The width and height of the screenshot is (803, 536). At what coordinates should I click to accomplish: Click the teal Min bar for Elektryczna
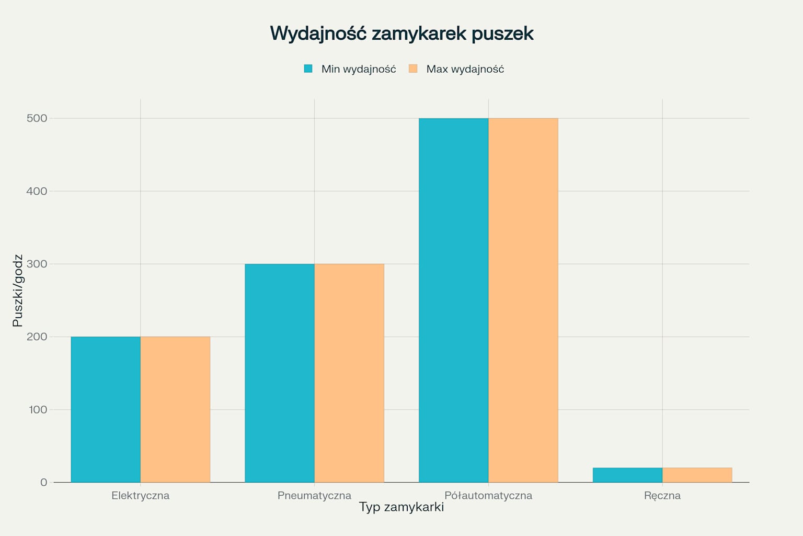(x=106, y=409)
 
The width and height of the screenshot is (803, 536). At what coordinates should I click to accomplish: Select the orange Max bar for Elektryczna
(x=175, y=409)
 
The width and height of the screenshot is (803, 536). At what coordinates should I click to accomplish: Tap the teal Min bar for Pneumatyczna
(x=280, y=373)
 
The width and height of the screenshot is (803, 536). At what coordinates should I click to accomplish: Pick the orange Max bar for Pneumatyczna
(x=349, y=373)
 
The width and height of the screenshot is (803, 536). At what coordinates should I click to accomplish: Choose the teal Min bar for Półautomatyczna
(x=453, y=300)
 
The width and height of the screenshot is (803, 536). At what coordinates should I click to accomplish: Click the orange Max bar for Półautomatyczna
(x=523, y=300)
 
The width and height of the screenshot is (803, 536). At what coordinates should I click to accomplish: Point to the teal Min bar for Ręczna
(x=627, y=475)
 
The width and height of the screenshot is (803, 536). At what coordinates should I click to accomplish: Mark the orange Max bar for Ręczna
(x=697, y=475)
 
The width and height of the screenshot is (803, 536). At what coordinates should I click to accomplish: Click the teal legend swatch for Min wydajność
(x=308, y=69)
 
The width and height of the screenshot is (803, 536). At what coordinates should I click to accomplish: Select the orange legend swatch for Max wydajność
(x=413, y=69)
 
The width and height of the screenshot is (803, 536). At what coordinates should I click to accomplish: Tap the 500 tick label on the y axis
(x=37, y=118)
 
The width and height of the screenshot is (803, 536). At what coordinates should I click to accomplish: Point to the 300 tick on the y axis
(x=37, y=264)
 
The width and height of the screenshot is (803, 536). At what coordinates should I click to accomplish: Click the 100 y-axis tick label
(x=38, y=409)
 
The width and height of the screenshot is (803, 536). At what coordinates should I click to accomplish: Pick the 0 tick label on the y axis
(x=43, y=482)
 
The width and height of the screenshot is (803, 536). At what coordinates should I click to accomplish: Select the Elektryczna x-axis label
(x=140, y=496)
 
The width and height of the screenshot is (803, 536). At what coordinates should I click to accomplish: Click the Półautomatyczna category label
(x=488, y=496)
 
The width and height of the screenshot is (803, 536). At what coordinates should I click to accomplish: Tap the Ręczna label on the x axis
(x=662, y=496)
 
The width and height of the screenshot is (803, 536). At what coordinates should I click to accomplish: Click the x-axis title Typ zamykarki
(x=401, y=507)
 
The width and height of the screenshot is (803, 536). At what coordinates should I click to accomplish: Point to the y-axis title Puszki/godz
(x=18, y=291)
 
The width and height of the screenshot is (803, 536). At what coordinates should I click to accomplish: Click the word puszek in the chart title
(x=502, y=33)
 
